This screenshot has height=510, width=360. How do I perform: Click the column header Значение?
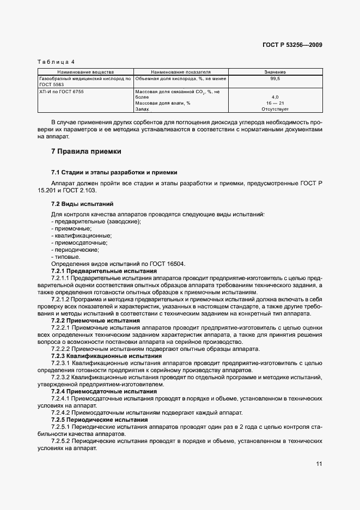[275, 71]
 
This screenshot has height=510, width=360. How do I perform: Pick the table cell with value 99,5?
[275, 79]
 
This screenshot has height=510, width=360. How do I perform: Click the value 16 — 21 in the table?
[275, 103]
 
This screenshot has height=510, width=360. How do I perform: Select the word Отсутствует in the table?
[275, 109]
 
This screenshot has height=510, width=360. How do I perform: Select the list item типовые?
[66, 257]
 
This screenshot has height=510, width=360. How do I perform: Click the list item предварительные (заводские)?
[96, 221]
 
